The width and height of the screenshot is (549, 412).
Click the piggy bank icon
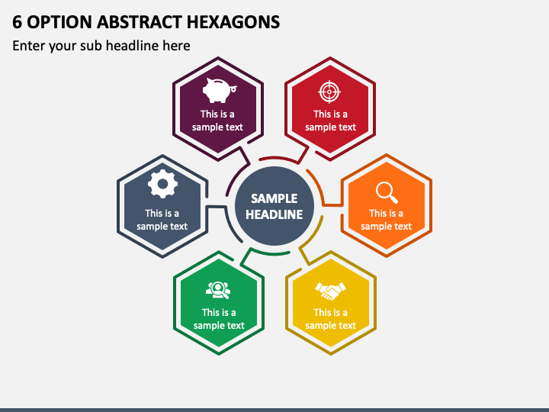[x=220, y=90]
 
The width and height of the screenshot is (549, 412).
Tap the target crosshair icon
[x=329, y=92]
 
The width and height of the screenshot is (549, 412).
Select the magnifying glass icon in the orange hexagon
[x=387, y=192]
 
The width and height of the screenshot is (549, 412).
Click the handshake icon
[x=330, y=291]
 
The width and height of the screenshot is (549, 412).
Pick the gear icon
[x=162, y=184]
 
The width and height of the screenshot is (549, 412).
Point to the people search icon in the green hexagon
[x=218, y=290]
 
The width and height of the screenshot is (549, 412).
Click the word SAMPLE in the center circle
[x=274, y=198]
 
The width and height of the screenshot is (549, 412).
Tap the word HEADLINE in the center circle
[x=274, y=214]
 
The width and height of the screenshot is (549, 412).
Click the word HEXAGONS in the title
[x=233, y=22]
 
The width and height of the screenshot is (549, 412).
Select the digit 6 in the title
[x=17, y=22]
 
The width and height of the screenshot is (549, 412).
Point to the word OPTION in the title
[x=59, y=22]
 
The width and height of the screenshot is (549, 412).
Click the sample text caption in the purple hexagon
[x=217, y=121]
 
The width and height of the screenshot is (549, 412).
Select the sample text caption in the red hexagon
[x=330, y=121]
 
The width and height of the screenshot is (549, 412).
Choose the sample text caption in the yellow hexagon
[x=330, y=319]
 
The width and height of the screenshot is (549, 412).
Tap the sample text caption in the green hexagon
[x=219, y=319]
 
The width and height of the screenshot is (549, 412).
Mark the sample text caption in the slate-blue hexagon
[x=162, y=220]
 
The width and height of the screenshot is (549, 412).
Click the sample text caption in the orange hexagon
[x=386, y=220]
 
